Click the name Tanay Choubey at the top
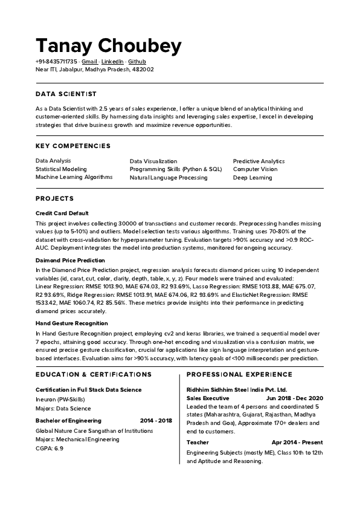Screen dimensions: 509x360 click(109, 45)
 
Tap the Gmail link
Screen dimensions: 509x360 click(89, 62)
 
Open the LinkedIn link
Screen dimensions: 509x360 click(112, 62)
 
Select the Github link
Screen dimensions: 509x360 click(137, 62)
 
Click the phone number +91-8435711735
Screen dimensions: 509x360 click(56, 62)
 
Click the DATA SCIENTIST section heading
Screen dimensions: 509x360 click(66, 94)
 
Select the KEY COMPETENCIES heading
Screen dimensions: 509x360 click(73, 146)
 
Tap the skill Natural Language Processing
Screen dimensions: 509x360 click(169, 178)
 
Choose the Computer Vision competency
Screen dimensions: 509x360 click(255, 169)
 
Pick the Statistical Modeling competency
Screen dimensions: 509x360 click(61, 169)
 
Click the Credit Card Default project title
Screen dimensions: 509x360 click(62, 213)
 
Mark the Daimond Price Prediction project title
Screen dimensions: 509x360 click(70, 260)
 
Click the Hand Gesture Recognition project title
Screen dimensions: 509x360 click(71, 323)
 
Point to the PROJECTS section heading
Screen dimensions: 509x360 click(54, 198)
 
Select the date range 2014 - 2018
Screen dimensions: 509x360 click(156, 420)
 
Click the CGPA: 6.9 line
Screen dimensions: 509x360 click(50, 449)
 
